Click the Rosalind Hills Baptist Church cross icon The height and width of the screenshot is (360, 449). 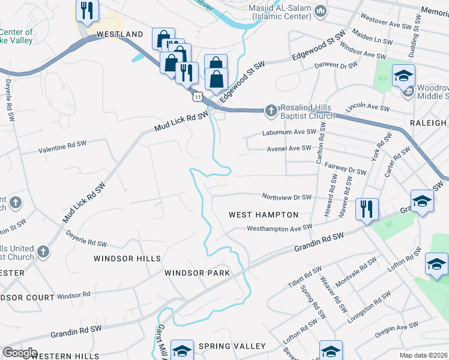point(271,110)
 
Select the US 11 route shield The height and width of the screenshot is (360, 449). point(198,96)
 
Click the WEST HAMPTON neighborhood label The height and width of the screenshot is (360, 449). point(264,215)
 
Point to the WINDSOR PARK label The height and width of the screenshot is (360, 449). point(197,273)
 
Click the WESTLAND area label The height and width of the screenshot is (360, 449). point(119,35)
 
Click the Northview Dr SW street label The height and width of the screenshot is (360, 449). point(287,197)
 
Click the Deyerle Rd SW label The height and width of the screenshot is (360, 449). point(86,239)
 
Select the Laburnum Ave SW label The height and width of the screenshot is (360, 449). point(289,132)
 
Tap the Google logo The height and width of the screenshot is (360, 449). point(19,353)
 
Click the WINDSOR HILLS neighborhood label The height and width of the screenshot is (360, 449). point(127,259)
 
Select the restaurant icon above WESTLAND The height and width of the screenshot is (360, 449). point(87,11)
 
